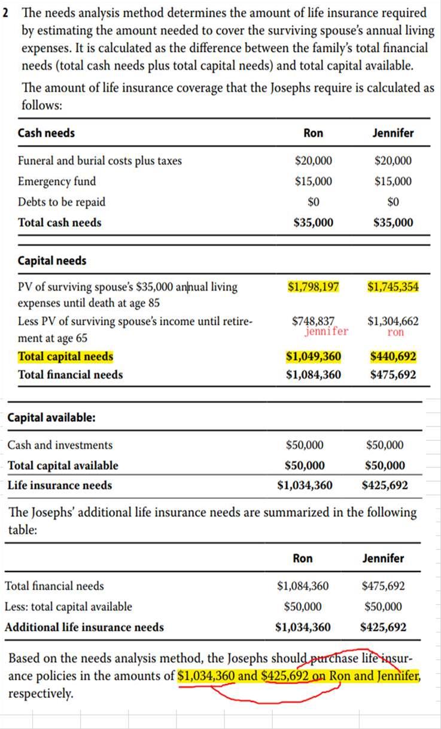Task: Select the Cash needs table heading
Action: (x=47, y=133)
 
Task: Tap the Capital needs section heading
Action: (x=52, y=261)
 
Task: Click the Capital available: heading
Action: (x=51, y=418)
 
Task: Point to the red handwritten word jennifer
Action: (x=326, y=331)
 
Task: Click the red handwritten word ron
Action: (x=396, y=331)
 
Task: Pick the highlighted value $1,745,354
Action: (x=393, y=287)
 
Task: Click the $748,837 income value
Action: (x=314, y=320)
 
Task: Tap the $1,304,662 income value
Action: (x=393, y=320)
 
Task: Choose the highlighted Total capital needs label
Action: (x=65, y=357)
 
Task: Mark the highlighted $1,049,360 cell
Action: (x=314, y=357)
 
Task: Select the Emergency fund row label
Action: (x=57, y=182)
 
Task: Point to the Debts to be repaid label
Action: (x=62, y=202)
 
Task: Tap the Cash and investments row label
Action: (x=60, y=445)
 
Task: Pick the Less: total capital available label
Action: (x=68, y=607)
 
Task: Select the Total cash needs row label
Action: (x=60, y=223)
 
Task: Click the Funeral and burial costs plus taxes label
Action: (x=100, y=161)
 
